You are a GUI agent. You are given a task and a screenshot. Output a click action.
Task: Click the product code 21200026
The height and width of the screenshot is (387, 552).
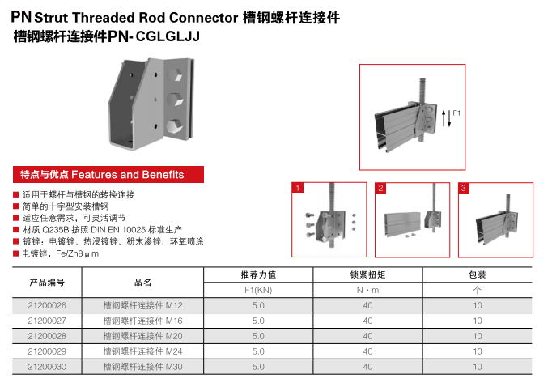pyautogui.click(x=47, y=305)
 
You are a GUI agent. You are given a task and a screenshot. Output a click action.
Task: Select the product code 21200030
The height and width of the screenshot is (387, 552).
pyautogui.click(x=47, y=367)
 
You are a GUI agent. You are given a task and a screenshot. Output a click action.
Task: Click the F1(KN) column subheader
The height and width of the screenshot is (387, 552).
pyautogui.click(x=258, y=289)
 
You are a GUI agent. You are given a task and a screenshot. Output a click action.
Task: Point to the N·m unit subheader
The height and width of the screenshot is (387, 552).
pyautogui.click(x=367, y=289)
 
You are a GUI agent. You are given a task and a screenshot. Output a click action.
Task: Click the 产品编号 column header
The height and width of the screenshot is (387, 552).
pyautogui.click(x=47, y=282)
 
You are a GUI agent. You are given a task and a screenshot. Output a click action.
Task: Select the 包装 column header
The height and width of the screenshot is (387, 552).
pyautogui.click(x=478, y=274)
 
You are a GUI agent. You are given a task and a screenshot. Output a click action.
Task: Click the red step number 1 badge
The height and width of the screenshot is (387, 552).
pyautogui.click(x=298, y=188)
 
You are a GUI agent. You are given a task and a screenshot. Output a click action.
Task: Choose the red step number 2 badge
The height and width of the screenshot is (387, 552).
pyautogui.click(x=380, y=188)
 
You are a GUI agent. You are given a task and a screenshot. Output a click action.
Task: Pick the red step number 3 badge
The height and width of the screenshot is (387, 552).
pyautogui.click(x=463, y=188)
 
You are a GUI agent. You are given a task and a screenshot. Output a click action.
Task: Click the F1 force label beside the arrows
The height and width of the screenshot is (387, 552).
pyautogui.click(x=456, y=113)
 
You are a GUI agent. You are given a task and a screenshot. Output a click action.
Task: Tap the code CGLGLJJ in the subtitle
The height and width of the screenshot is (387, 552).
pyautogui.click(x=168, y=36)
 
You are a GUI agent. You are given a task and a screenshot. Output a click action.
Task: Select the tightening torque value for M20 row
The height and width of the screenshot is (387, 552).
pyautogui.click(x=367, y=336)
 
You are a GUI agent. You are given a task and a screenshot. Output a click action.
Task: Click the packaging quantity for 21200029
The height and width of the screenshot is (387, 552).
pyautogui.click(x=478, y=351)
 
